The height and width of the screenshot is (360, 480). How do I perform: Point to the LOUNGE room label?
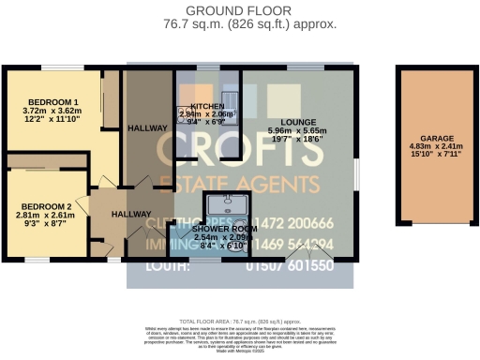click(x=297, y=122)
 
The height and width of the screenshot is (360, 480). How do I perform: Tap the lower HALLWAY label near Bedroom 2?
click(x=130, y=215)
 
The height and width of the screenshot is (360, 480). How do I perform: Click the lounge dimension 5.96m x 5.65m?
click(x=297, y=130)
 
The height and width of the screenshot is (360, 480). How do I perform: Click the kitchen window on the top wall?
click(x=202, y=67)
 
